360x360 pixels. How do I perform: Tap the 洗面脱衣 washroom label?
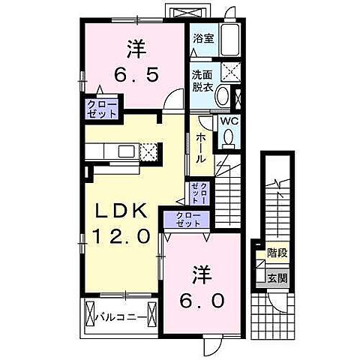[x=201, y=79]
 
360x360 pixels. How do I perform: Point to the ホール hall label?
[x=201, y=148]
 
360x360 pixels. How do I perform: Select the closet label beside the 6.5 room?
[x=102, y=108]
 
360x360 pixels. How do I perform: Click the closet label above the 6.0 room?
[x=188, y=220]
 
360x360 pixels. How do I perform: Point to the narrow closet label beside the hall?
[x=199, y=193]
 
